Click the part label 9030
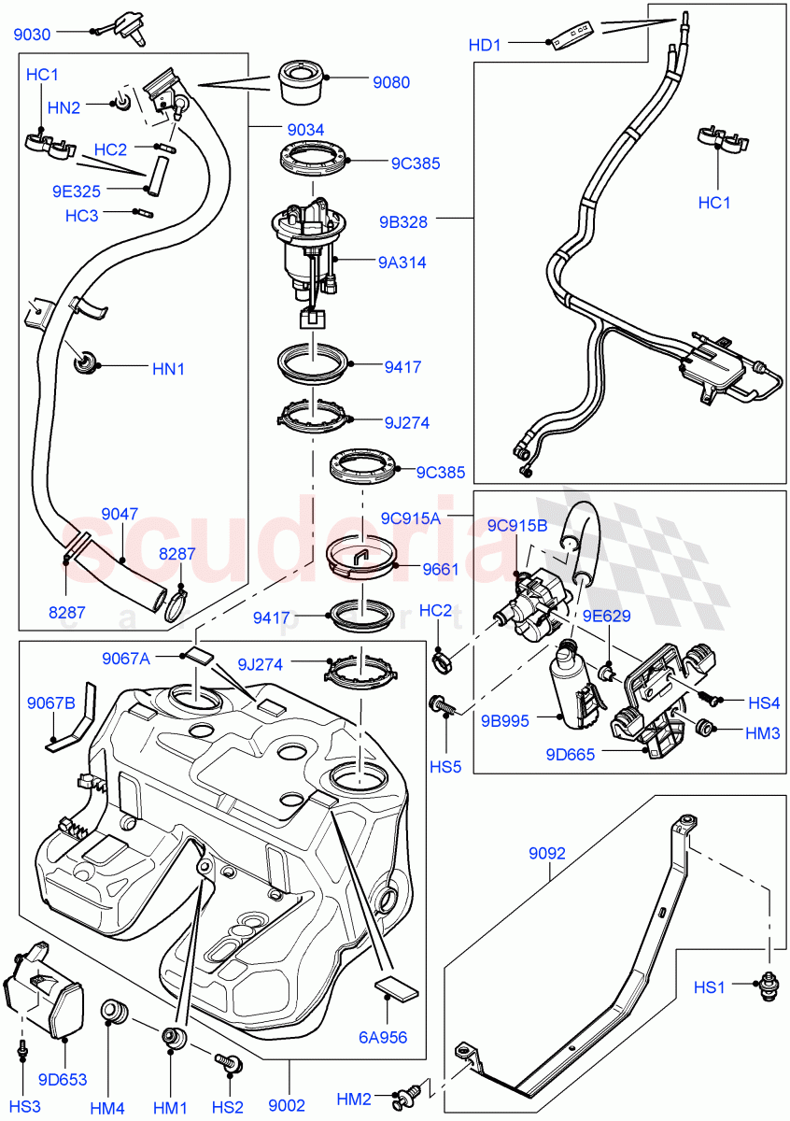[33, 35]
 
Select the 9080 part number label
[391, 83]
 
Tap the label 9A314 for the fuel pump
[402, 263]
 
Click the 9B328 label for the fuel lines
[403, 222]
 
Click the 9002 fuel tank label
[287, 1079]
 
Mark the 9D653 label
[63, 1080]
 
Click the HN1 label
[169, 369]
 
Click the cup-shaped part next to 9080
[302, 82]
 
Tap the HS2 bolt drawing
[226, 1062]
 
